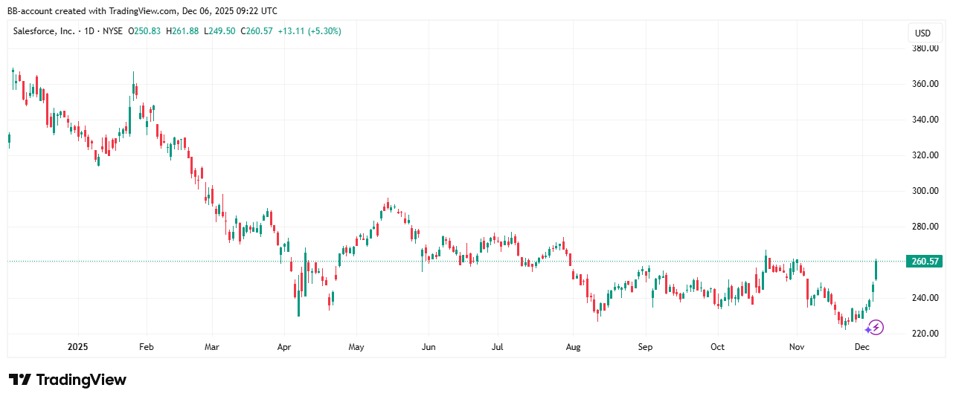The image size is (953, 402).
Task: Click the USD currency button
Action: point(922,33)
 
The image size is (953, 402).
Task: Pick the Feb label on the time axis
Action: point(147,347)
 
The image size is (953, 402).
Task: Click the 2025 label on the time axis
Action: point(77,347)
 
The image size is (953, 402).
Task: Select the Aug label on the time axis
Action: point(573,347)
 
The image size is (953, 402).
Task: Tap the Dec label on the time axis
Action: point(862,347)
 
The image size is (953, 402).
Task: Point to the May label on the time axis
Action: point(356,347)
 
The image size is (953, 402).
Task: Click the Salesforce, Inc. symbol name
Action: point(43,31)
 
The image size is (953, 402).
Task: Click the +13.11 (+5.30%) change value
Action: point(309,31)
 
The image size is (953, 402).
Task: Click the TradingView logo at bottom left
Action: point(68,380)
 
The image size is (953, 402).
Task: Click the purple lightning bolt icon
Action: point(875,327)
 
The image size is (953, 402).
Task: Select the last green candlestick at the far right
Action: point(876,270)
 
